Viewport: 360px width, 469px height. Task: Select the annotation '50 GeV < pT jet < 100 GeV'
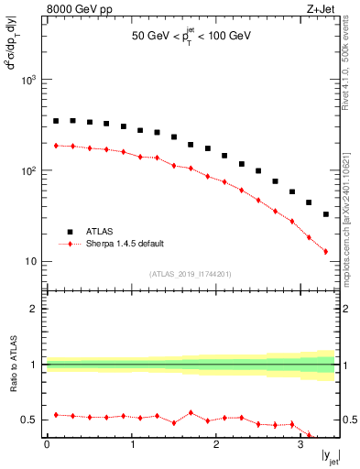pos(191,37)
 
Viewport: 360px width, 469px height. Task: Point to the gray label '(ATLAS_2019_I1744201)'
pos(191,273)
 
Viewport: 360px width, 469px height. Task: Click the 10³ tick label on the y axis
pos(29,81)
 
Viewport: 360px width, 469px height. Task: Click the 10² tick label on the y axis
pos(29,171)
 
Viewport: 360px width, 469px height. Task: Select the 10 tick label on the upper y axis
pos(32,262)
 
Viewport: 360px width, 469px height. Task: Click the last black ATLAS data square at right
pos(326,214)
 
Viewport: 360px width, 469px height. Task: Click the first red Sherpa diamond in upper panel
pos(56,146)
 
